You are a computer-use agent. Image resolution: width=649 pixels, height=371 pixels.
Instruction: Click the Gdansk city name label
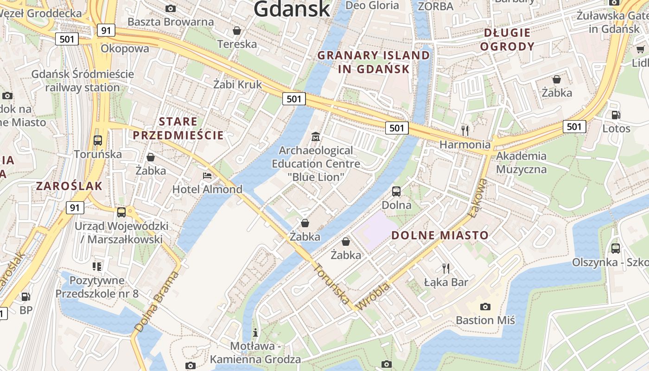tap(292, 9)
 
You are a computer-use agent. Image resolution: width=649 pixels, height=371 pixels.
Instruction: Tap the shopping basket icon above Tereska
tap(237, 31)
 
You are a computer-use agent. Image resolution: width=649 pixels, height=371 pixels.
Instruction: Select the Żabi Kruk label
tap(237, 84)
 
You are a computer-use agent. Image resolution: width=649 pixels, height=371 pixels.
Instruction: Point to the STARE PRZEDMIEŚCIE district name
tap(178, 128)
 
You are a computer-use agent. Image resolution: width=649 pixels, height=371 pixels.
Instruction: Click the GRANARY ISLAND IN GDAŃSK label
tap(374, 62)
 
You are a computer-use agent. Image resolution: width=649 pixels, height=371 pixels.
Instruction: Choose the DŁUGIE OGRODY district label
tap(507, 39)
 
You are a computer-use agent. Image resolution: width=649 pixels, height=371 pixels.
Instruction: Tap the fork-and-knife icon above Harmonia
tap(465, 130)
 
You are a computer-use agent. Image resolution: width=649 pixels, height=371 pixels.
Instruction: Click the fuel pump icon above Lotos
tap(616, 115)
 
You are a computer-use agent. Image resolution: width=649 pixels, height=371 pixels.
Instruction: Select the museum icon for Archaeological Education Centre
tap(316, 136)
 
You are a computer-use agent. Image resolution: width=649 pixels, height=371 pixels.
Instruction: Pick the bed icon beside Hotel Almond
tap(207, 176)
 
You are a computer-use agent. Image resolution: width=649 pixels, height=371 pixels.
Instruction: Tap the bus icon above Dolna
tap(396, 191)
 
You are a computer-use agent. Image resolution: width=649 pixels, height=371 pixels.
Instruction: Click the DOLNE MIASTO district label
tap(440, 235)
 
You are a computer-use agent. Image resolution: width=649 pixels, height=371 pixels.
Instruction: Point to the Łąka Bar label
tap(446, 282)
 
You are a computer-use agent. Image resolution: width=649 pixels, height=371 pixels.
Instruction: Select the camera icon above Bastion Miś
tap(485, 306)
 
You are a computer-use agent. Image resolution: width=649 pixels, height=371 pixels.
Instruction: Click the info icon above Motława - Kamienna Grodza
tap(255, 333)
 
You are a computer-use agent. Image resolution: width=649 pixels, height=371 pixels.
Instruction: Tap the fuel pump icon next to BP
tap(26, 296)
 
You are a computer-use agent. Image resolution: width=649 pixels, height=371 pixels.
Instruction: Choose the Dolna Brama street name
tap(157, 301)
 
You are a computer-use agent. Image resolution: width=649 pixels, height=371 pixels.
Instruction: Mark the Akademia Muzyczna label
tap(521, 162)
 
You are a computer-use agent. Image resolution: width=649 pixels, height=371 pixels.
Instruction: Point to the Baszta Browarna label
tap(171, 22)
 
